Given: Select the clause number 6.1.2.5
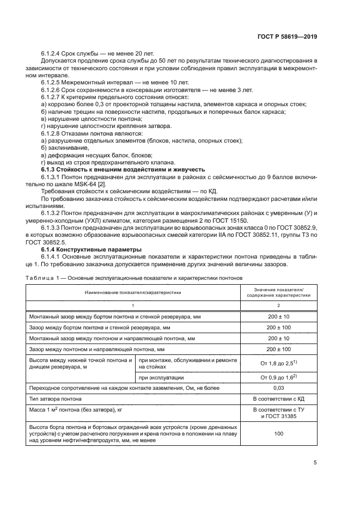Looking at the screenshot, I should coord(52,82).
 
